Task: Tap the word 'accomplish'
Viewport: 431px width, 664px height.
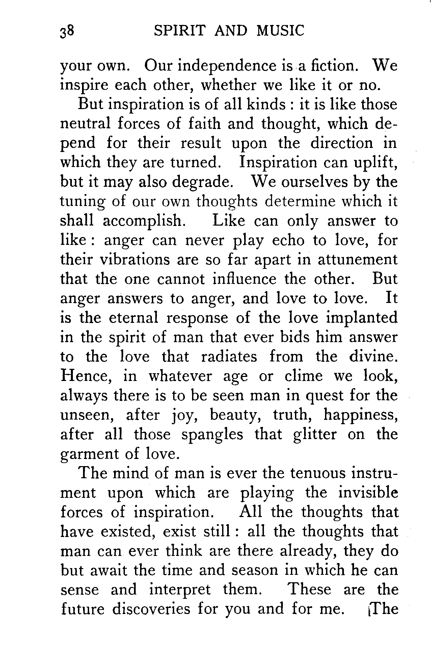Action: [x=143, y=221]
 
